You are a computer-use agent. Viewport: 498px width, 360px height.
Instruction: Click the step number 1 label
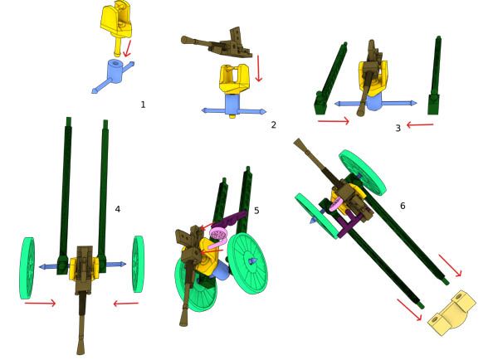click(143, 105)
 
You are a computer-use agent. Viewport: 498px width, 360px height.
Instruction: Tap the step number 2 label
click(273, 124)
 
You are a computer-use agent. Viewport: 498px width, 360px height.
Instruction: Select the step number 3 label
click(398, 128)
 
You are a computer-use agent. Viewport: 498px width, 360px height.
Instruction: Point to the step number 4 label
click(118, 209)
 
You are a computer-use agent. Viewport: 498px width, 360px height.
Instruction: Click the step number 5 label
click(256, 211)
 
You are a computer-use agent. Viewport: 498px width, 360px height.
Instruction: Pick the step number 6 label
click(403, 206)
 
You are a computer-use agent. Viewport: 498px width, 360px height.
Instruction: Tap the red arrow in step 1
click(127, 49)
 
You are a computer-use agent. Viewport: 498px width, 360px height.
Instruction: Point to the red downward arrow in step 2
click(258, 69)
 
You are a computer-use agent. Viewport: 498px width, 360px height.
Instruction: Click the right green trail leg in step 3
click(435, 76)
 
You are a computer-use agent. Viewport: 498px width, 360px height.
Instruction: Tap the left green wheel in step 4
click(27, 268)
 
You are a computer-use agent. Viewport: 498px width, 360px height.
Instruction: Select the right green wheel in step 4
click(138, 264)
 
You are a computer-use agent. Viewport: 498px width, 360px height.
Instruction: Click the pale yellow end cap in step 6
click(452, 313)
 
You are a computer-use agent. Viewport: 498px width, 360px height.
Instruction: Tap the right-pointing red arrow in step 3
click(334, 121)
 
